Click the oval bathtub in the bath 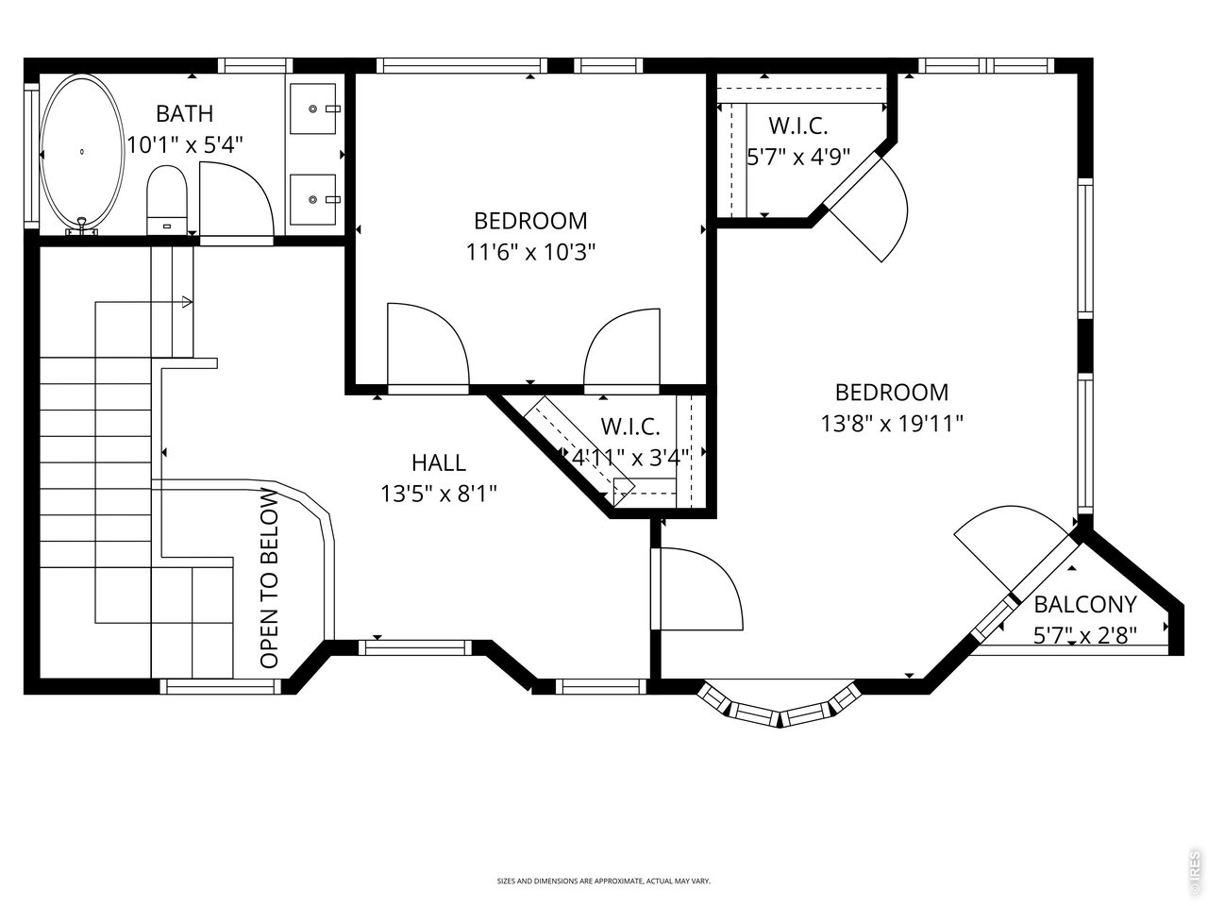pos(82,152)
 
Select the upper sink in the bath pos(313,109)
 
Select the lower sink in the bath pos(313,199)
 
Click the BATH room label pos(185,114)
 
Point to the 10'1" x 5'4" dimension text pos(185,145)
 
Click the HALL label pos(439,462)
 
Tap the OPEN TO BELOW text pos(269,578)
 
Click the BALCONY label pos(1085,605)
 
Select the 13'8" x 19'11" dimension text pos(892,424)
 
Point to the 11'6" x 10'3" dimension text pos(531,253)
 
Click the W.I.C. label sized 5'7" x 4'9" pos(798,126)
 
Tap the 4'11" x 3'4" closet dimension pos(630,457)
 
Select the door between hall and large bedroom pos(697,589)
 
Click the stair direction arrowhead pos(187,302)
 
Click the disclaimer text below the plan pos(604,881)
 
